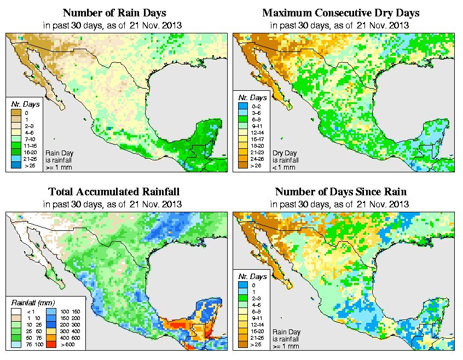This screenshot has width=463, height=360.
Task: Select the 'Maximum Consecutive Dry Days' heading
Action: tap(340, 13)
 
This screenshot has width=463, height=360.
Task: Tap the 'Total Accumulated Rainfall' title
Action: tap(114, 191)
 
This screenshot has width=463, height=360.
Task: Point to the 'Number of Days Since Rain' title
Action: tap(340, 191)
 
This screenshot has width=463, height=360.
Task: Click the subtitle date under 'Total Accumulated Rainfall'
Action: tap(114, 204)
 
